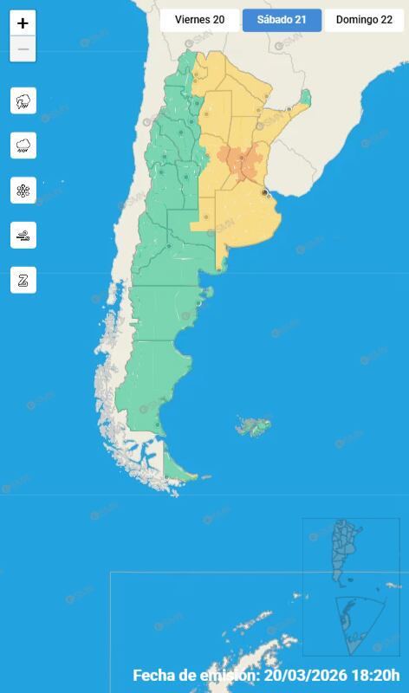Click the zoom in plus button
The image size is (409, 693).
pos(23,23)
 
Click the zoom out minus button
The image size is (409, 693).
pos(23,49)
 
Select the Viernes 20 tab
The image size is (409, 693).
pos(199,20)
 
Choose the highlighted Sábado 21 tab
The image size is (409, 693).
pos(282,20)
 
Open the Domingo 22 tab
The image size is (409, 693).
pos(364,20)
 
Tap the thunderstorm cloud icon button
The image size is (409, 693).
pos(23,100)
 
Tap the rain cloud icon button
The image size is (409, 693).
pos(23,146)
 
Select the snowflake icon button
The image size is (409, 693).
pos(23,191)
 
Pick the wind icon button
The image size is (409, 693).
pos(23,235)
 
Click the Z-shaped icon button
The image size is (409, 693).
pos(23,280)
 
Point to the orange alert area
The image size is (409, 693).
pos(238,161)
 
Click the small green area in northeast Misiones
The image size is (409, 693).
pos(303,98)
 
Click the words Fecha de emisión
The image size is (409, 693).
pos(196,676)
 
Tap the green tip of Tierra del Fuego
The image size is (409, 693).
pos(178,472)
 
